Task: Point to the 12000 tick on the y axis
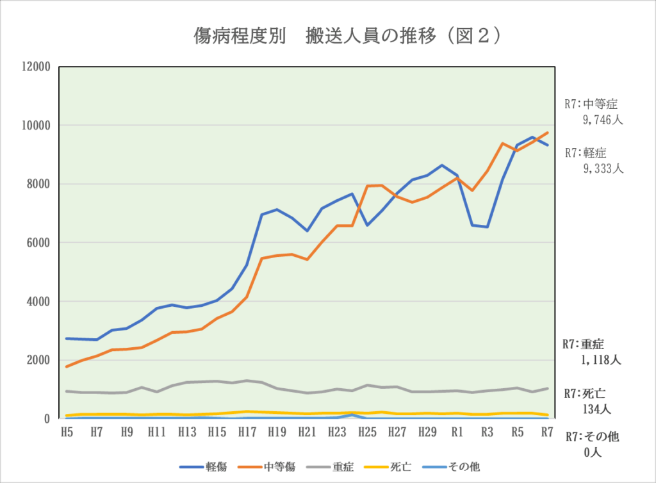click(x=37, y=67)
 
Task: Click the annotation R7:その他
click(x=592, y=437)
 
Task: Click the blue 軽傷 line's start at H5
click(x=67, y=338)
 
